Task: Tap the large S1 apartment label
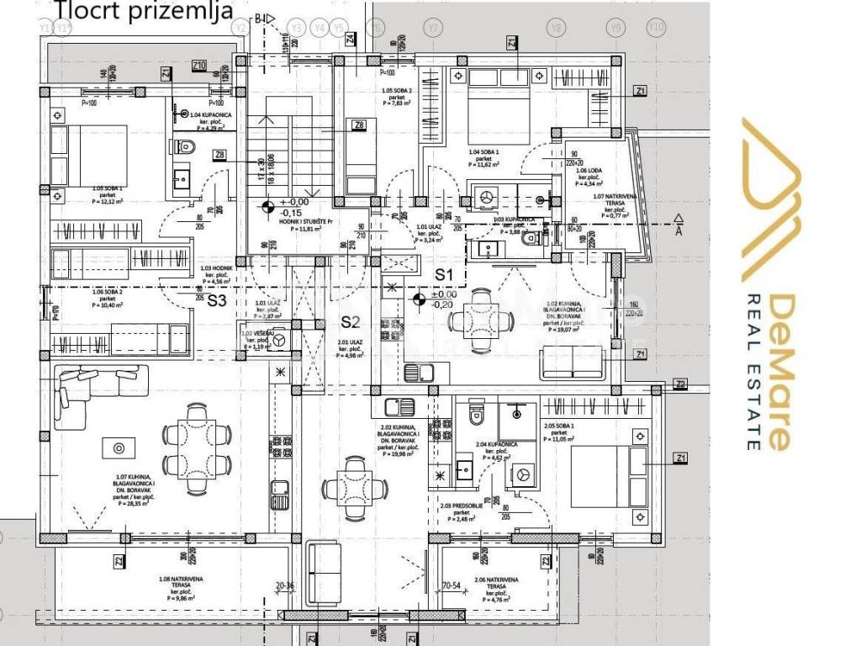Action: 443,275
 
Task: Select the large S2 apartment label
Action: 350,321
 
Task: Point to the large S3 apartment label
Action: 218,300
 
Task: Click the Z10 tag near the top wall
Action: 199,65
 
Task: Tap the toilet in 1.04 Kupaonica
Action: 186,148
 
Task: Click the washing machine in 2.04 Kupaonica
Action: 522,474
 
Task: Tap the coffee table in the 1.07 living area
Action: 118,448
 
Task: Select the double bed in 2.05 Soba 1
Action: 607,478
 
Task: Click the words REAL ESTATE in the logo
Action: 753,371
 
